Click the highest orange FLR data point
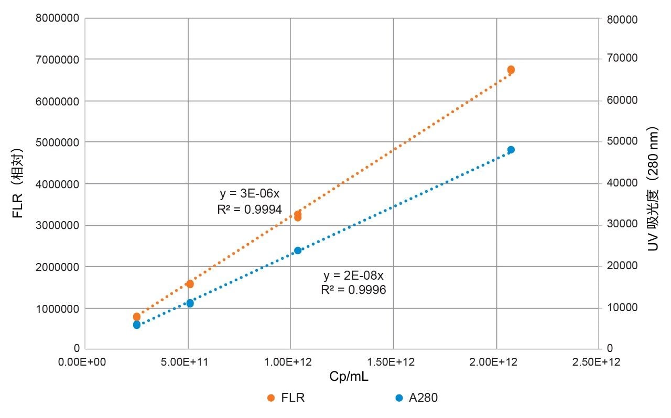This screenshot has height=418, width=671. click(511, 70)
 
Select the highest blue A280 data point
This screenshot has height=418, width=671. click(511, 150)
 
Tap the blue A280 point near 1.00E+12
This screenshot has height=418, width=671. click(298, 250)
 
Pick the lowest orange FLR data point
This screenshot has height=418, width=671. click(137, 316)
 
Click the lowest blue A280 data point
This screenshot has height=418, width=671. click(137, 325)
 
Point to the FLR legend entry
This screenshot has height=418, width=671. click(286, 398)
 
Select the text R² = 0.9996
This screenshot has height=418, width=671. click(353, 290)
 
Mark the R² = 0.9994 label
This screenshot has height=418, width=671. click(250, 210)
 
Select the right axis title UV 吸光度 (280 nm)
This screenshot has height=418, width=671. click(653, 189)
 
